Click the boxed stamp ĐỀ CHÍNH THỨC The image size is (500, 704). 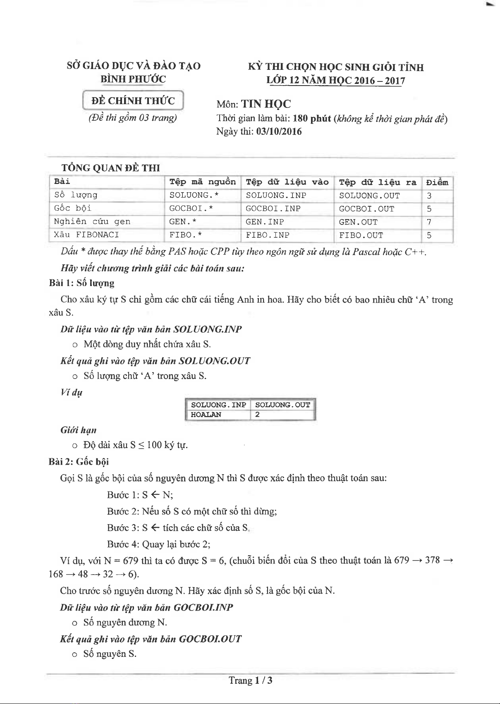[x=133, y=100]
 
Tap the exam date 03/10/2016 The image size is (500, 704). [x=279, y=131]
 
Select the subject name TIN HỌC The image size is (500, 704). [x=266, y=104]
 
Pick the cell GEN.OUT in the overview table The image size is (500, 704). [x=358, y=222]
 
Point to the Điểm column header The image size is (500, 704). [x=437, y=182]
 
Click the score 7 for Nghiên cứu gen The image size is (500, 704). [x=429, y=222]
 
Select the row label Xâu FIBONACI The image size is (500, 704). [x=86, y=235]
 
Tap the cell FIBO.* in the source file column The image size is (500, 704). [x=186, y=235]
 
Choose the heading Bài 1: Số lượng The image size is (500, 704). [x=81, y=283]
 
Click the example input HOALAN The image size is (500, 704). [x=206, y=415]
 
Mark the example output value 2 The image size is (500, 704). [x=258, y=415]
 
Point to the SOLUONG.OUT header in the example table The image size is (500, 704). [x=282, y=405]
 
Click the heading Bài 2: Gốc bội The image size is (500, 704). [x=79, y=462]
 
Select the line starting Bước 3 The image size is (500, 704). [x=178, y=528]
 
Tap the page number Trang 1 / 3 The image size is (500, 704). [x=251, y=680]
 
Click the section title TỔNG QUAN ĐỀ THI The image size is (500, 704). [x=110, y=168]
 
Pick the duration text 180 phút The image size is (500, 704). [x=312, y=119]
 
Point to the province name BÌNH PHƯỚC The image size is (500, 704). [x=133, y=79]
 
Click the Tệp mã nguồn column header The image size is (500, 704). [x=202, y=182]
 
